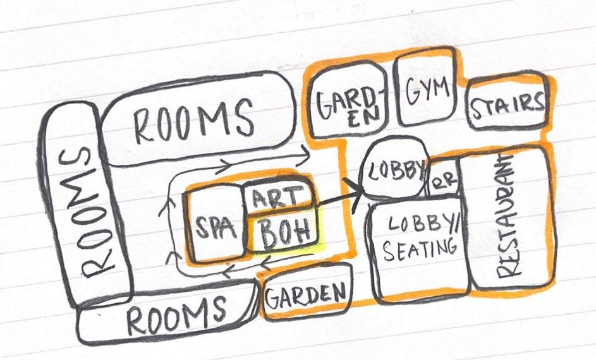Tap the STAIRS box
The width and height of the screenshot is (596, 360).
tap(506, 104)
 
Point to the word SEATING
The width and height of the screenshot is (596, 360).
tap(420, 250)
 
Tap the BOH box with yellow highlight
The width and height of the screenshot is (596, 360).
tap(284, 233)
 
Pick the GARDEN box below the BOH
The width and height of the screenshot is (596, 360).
tap(307, 294)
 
